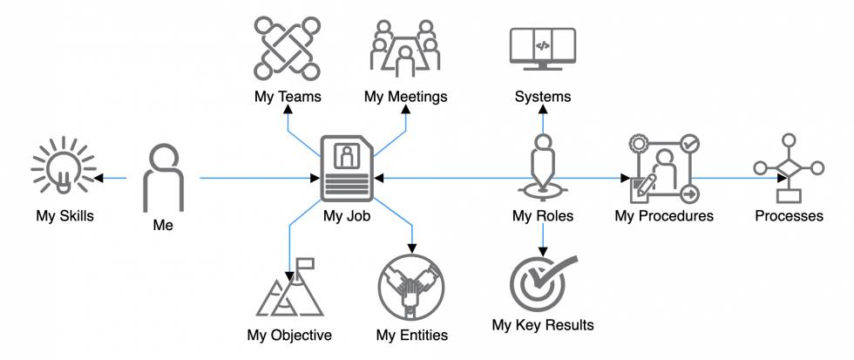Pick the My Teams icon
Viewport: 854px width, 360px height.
(281, 49)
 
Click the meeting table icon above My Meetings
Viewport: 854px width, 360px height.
(404, 49)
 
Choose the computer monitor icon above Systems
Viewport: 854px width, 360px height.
(542, 49)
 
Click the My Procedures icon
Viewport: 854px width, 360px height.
(665, 168)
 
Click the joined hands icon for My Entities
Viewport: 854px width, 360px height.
(411, 287)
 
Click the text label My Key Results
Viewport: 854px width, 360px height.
(542, 325)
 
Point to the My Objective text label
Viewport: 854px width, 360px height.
(289, 335)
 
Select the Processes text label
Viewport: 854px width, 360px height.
(789, 215)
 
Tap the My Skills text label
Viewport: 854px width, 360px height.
(64, 215)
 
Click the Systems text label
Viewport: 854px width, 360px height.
(543, 97)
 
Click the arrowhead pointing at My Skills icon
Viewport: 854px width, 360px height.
(98, 179)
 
